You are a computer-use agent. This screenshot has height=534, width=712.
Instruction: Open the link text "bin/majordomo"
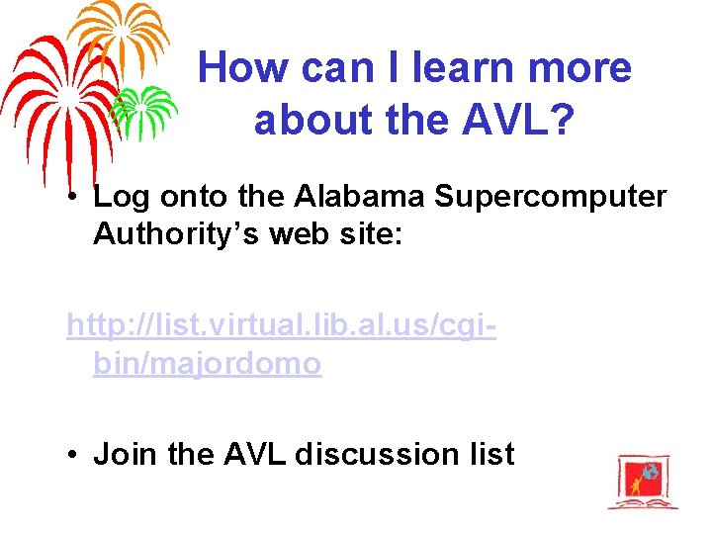pyautogui.click(x=208, y=364)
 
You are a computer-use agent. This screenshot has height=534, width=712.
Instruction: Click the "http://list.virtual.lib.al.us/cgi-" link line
pyautogui.click(x=282, y=324)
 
